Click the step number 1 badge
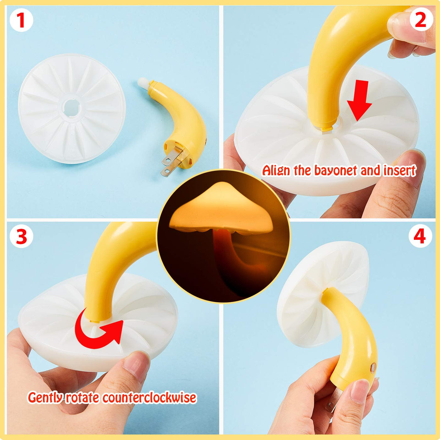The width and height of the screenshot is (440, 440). pyautogui.click(x=21, y=20)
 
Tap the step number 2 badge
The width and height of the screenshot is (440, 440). pyautogui.click(x=421, y=20)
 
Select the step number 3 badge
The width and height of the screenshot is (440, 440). pyautogui.click(x=21, y=237)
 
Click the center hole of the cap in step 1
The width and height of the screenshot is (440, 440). pyautogui.click(x=71, y=107)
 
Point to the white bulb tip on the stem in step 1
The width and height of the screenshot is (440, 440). pyautogui.click(x=143, y=82)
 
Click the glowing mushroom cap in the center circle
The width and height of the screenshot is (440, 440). pyautogui.click(x=221, y=207)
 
